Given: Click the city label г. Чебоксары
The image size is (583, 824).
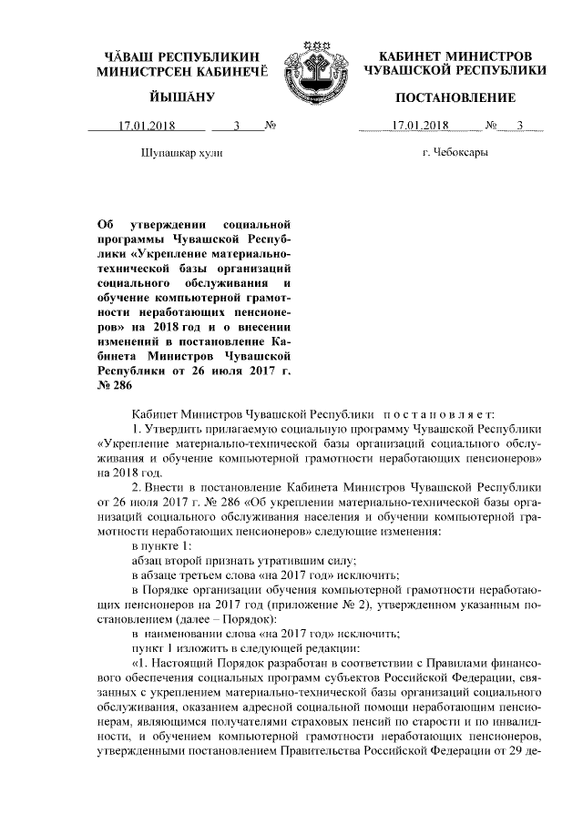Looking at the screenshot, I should click(455, 153).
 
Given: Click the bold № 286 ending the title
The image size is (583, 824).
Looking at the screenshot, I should click(113, 386).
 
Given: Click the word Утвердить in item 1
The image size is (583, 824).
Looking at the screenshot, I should click(174, 429).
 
